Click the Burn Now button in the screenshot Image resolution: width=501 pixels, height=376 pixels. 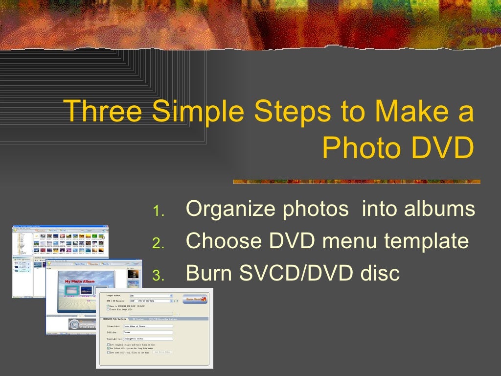(x=195, y=299)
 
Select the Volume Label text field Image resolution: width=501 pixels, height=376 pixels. (x=148, y=326)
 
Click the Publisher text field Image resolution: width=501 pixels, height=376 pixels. (x=148, y=332)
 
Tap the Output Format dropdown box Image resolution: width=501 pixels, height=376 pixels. (x=151, y=296)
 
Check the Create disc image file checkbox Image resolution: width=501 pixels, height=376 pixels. (x=108, y=309)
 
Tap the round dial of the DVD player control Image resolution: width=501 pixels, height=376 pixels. (x=74, y=324)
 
